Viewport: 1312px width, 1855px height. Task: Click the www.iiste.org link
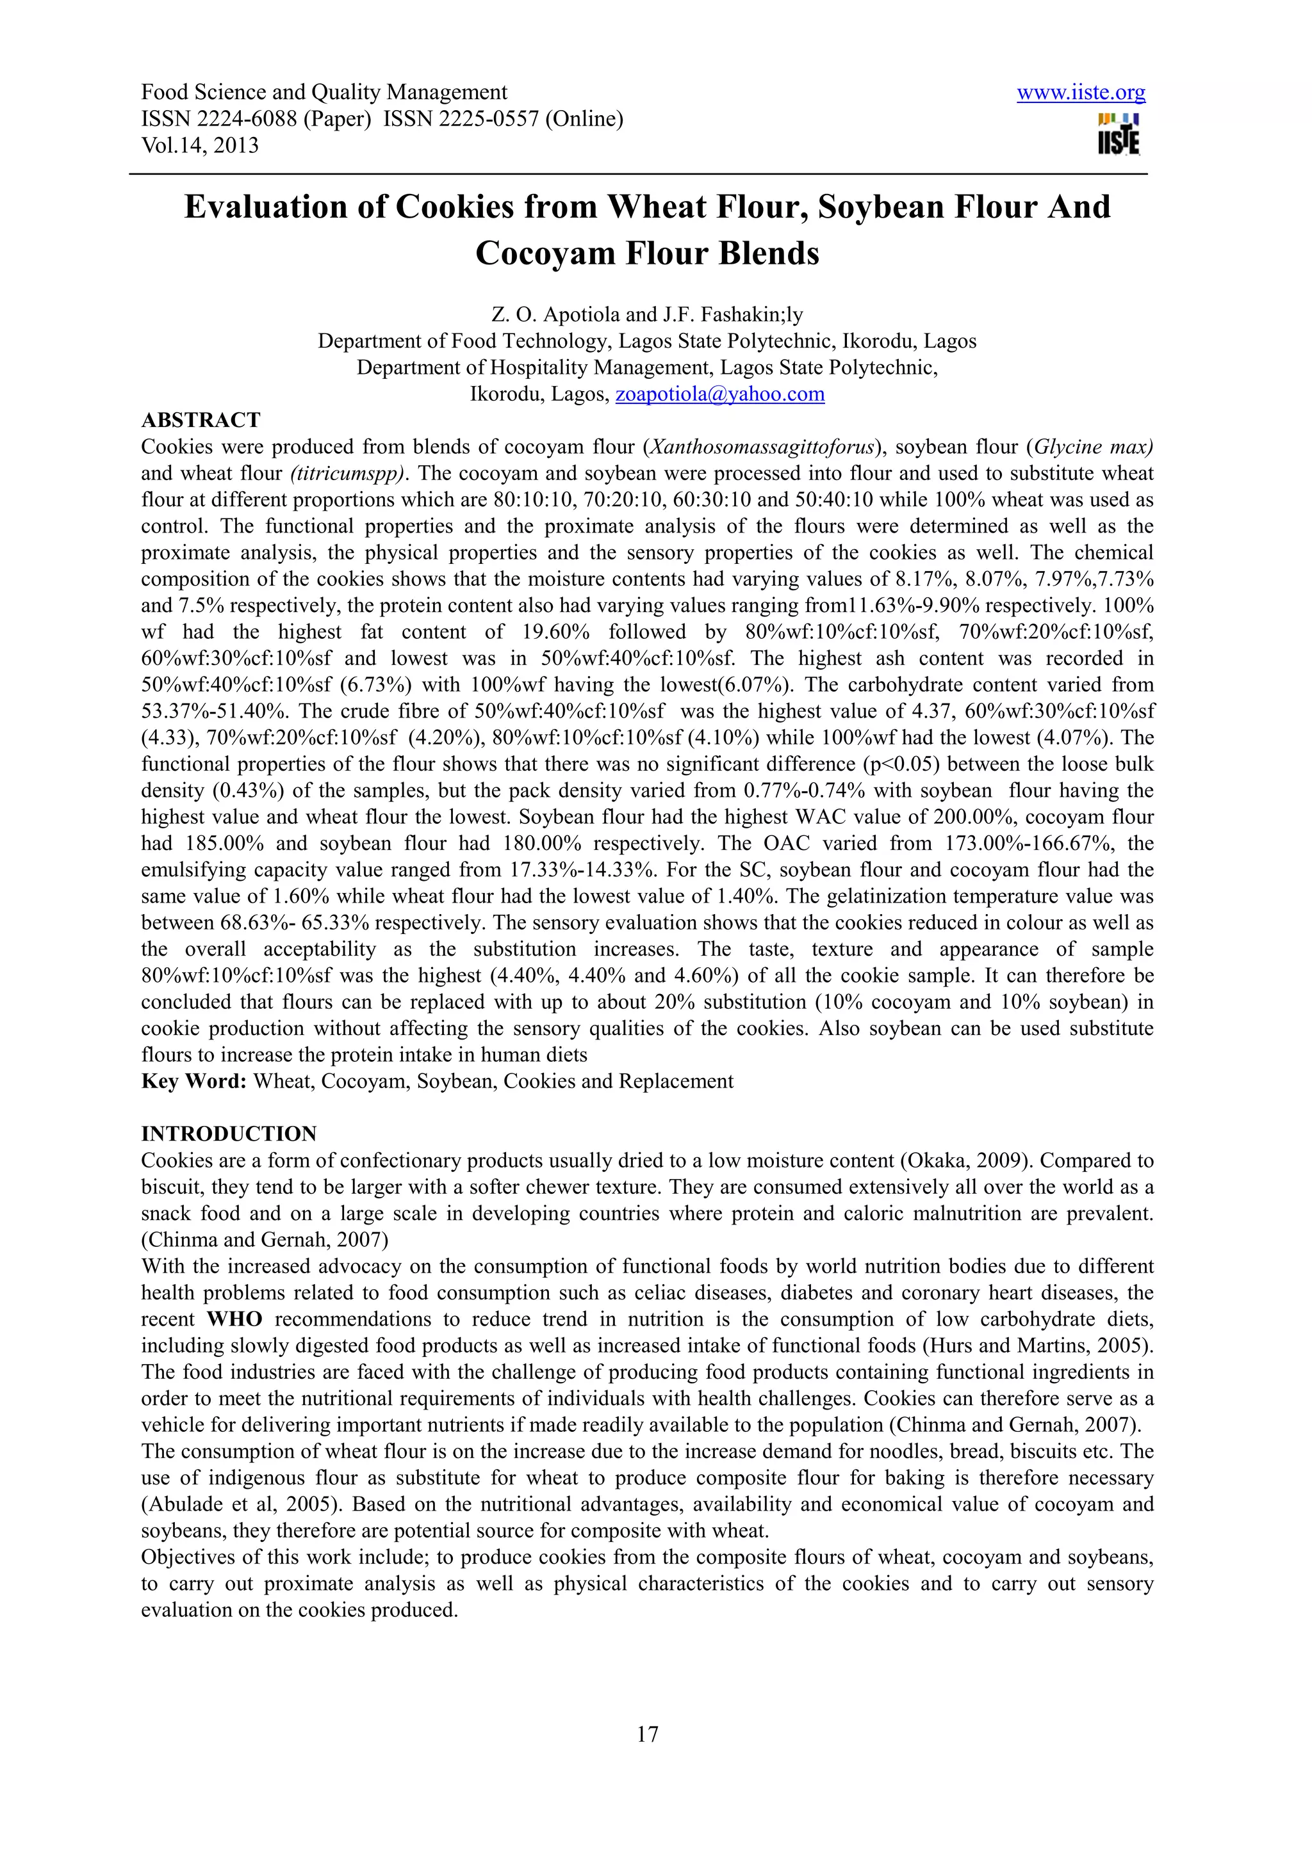(x=1080, y=93)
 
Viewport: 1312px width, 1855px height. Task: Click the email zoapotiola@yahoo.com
(x=719, y=394)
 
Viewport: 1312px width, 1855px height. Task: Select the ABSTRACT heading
(x=201, y=420)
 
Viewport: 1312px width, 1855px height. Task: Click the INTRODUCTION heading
(x=229, y=1134)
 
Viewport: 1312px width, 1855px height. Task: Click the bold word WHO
(x=234, y=1319)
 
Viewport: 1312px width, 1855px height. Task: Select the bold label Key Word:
(x=194, y=1081)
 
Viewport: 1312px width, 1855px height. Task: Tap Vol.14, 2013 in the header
(x=200, y=145)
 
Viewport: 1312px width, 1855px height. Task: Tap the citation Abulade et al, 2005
(x=240, y=1504)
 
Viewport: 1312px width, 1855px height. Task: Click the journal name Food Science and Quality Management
(x=324, y=93)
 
